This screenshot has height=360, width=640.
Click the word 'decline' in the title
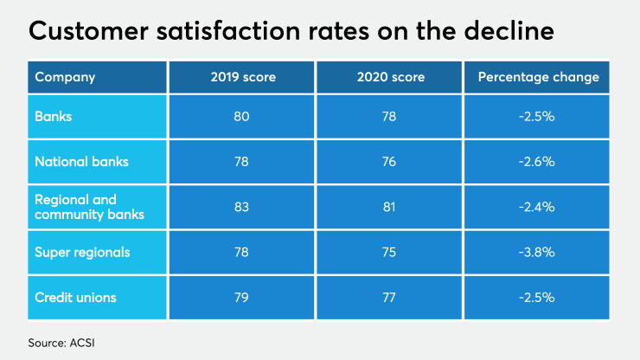pos(509,30)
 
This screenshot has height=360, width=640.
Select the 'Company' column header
pos(65,77)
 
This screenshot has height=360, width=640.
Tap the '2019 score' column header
pos(243,77)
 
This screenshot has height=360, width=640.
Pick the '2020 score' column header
pos(391,77)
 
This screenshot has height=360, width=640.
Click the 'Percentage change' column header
pos(538,77)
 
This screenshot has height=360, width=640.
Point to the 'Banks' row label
pos(53,117)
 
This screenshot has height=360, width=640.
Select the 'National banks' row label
pos(81,162)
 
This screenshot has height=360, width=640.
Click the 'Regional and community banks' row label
pos(89,207)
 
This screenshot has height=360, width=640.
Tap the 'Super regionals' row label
pos(82,253)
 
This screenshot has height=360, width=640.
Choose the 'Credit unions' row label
pos(75,298)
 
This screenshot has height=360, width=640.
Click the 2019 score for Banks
pos(241,117)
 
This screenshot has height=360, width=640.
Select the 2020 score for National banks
pos(389,162)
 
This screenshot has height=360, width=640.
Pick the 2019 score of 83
pos(241,207)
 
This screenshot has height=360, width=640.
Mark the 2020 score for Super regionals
pos(389,252)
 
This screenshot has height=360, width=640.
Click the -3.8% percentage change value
pos(537,252)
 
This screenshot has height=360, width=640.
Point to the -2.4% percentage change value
pos(537,207)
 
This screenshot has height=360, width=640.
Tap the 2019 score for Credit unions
pos(241,298)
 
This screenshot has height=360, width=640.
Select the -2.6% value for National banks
pos(537,162)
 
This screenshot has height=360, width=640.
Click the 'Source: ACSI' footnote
pos(61,343)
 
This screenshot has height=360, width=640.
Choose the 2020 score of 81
pos(389,207)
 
